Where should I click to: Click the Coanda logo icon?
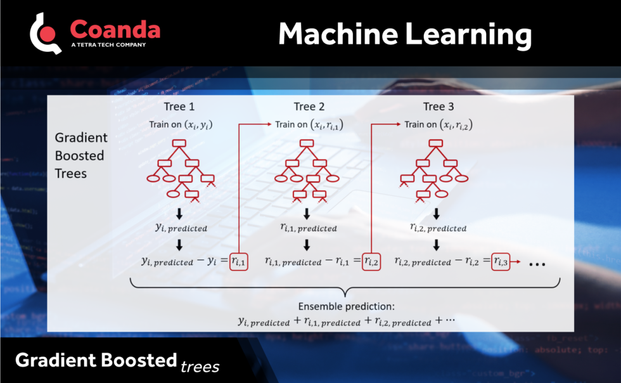click(x=45, y=33)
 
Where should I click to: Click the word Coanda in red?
click(x=115, y=29)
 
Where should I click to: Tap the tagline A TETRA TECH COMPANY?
click(x=108, y=45)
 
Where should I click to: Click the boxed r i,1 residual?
click(x=239, y=261)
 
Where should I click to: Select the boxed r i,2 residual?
click(x=371, y=261)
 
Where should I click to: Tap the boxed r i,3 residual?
click(x=501, y=261)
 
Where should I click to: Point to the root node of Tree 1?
click(x=179, y=143)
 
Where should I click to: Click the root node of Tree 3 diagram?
click(x=435, y=143)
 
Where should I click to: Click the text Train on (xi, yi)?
click(x=181, y=125)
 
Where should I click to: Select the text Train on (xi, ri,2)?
click(x=439, y=125)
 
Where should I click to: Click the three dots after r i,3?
click(x=536, y=263)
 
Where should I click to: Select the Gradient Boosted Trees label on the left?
click(x=81, y=155)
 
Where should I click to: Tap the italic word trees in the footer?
click(x=200, y=366)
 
